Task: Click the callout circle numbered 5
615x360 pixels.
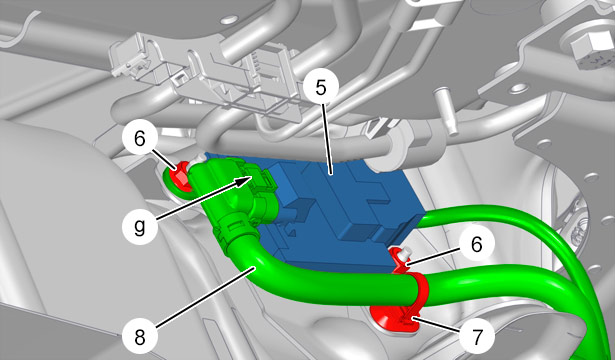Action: click(320, 89)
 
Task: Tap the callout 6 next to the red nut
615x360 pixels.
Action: click(140, 139)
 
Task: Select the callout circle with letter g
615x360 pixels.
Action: click(140, 227)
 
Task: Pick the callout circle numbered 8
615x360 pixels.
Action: click(140, 338)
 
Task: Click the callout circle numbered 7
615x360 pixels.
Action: click(476, 337)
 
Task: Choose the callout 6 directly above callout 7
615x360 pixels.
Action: click(476, 245)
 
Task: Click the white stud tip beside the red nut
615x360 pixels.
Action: click(197, 159)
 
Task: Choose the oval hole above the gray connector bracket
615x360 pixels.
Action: click(229, 19)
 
